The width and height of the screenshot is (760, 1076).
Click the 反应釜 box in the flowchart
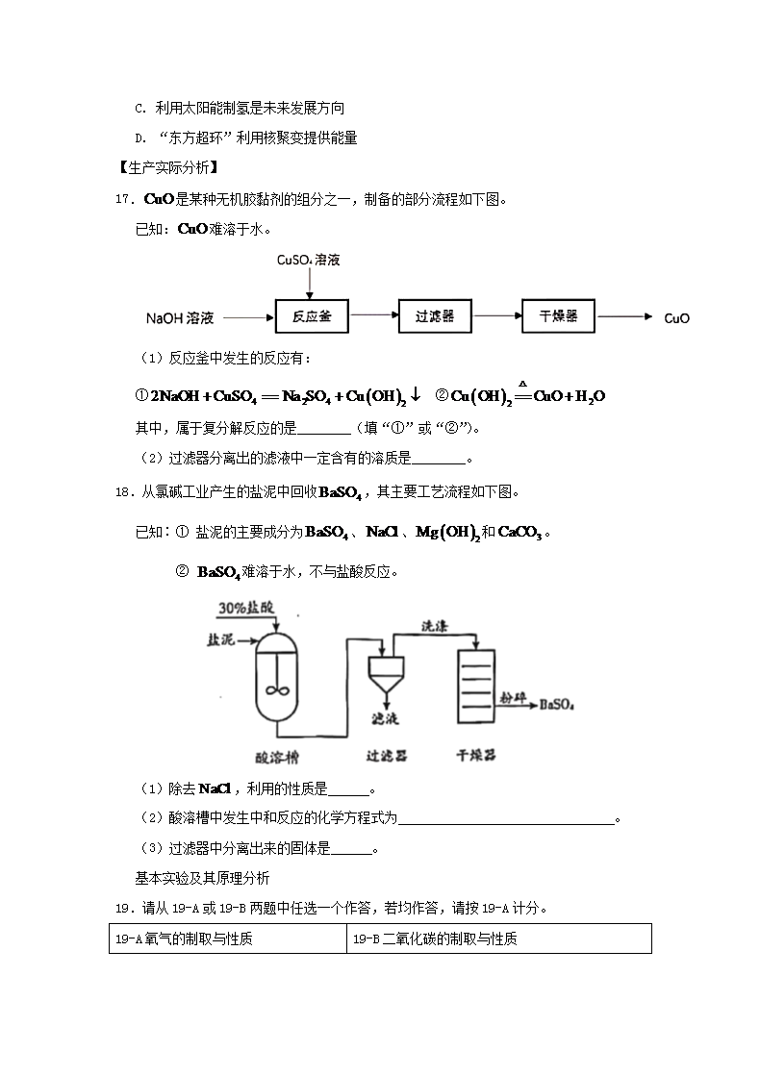click(x=312, y=316)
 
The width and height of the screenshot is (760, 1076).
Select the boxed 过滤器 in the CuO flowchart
click(x=435, y=316)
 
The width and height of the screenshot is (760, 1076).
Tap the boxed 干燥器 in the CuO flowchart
click(x=558, y=316)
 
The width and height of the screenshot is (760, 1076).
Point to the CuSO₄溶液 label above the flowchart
click(x=309, y=260)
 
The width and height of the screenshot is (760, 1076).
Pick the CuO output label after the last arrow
click(x=677, y=318)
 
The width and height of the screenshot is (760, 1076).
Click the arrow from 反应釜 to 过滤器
click(x=373, y=314)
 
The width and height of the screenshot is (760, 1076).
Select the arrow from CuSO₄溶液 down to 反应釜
click(x=309, y=284)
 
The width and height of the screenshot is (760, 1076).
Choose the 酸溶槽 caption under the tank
click(x=280, y=757)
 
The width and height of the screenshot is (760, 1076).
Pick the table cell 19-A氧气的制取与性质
click(x=227, y=938)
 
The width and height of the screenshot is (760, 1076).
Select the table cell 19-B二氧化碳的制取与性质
click(x=498, y=938)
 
